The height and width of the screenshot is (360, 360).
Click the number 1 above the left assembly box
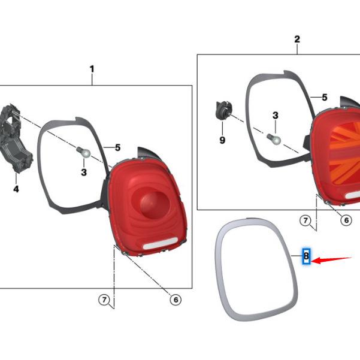(x=92, y=69)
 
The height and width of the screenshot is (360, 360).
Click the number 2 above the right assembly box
(x=297, y=40)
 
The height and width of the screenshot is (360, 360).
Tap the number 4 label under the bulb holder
(x=16, y=189)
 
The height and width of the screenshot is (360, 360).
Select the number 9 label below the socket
(x=222, y=141)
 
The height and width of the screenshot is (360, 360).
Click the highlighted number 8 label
(x=305, y=256)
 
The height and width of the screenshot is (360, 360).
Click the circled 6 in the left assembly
(x=175, y=300)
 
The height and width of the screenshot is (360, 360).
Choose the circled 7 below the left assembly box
(x=104, y=300)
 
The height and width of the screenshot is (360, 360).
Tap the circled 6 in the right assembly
(x=346, y=220)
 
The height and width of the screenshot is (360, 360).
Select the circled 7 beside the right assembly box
(x=305, y=221)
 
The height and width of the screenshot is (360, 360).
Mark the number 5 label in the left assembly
(x=117, y=147)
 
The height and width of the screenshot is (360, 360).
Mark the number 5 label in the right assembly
(x=324, y=97)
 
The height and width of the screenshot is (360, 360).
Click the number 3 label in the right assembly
(x=275, y=115)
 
